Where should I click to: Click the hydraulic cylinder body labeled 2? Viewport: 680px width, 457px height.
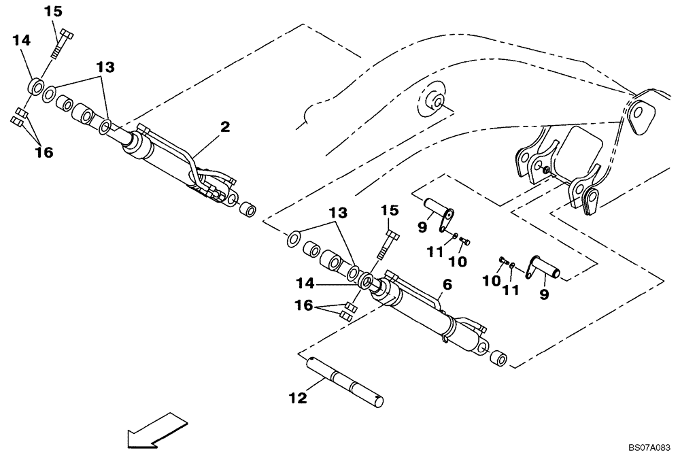(x=167, y=163)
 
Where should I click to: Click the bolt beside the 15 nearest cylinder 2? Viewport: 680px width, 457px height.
(x=60, y=45)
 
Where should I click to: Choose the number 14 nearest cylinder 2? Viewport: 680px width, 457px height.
(x=21, y=41)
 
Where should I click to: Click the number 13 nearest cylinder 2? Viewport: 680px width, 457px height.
(x=104, y=67)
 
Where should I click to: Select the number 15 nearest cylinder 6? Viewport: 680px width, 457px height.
(x=388, y=211)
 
